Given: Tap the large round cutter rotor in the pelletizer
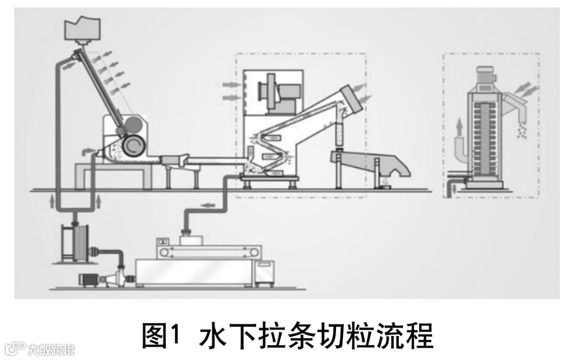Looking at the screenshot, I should point(132,145).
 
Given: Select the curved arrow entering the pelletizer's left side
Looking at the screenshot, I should point(85,153).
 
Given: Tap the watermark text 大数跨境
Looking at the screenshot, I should point(52,350).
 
